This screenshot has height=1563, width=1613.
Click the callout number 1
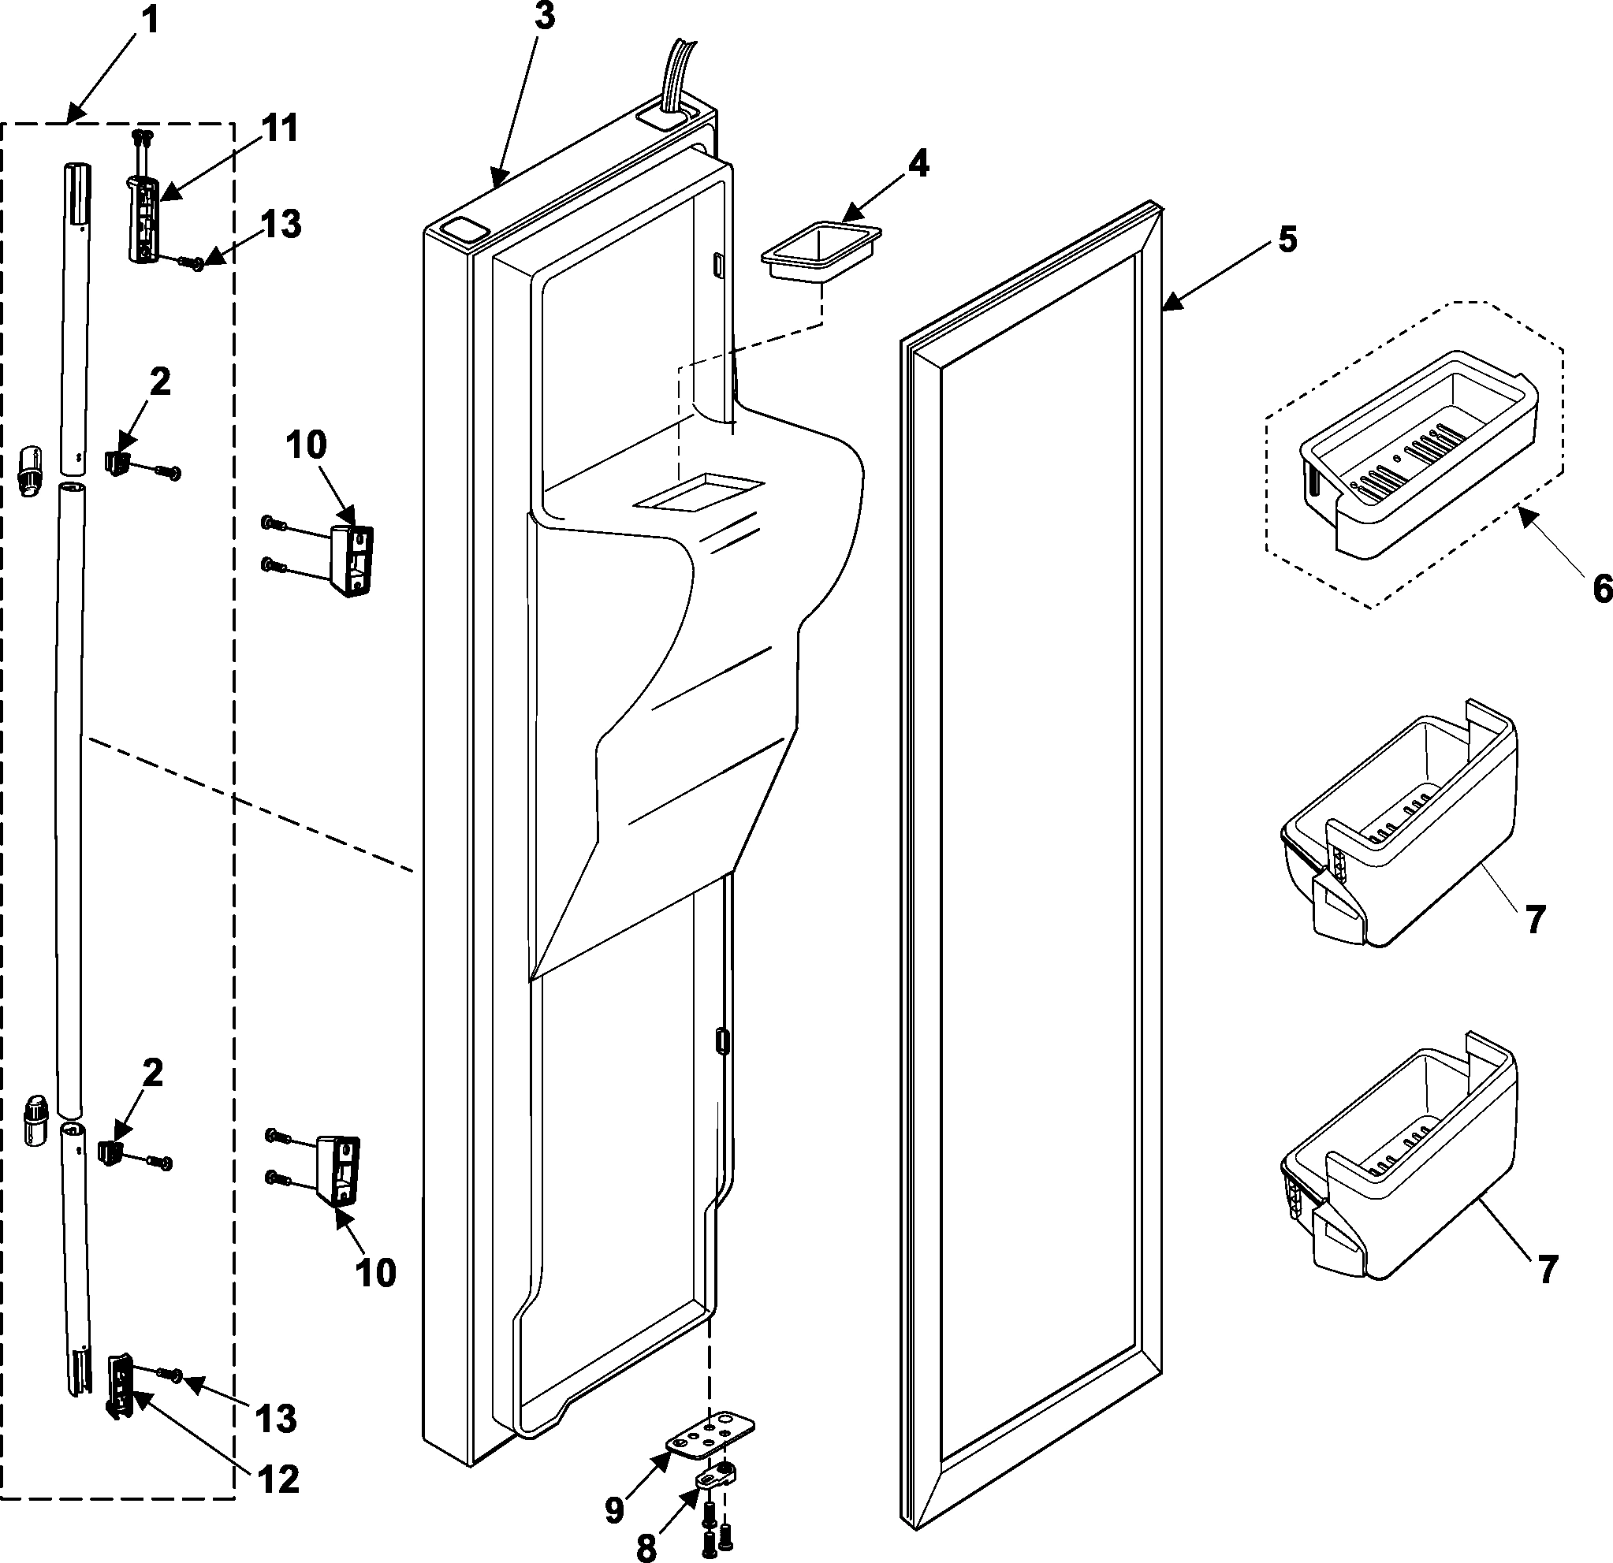pos(150,20)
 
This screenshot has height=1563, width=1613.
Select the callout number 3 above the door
pos(545,17)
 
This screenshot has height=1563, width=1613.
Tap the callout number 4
pos(918,165)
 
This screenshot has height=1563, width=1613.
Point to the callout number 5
pos(1287,240)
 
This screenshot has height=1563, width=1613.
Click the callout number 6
pos(1601,589)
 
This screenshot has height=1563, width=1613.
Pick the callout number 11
pos(280,130)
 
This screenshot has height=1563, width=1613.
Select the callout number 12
pos(278,1480)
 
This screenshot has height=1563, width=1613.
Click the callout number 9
pos(615,1510)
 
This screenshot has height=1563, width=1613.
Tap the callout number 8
pos(646,1548)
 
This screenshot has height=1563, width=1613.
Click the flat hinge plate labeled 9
pos(710,1435)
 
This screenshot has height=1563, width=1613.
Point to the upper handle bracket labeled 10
pos(352,560)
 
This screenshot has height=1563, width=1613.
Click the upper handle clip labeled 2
pos(117,462)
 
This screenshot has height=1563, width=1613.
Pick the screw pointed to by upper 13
pos(195,263)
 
